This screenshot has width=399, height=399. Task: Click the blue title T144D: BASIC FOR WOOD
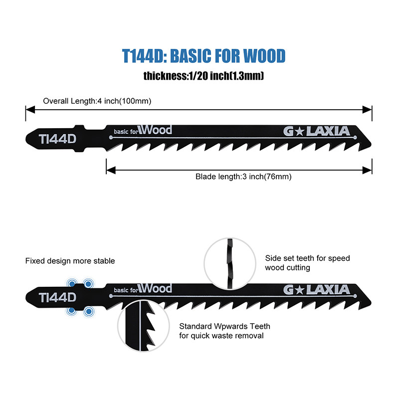point(203,55)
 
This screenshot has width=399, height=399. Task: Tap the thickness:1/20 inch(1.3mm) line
point(203,76)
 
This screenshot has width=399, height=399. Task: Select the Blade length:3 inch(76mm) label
point(243,177)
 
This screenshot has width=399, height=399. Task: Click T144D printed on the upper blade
point(57,139)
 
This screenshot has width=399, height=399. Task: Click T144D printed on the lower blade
point(57,298)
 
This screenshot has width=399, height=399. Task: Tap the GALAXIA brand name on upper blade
point(317,131)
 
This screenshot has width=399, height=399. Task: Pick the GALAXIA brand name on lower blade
point(317,289)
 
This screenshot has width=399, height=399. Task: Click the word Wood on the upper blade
point(156,130)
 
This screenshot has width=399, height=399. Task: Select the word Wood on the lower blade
point(156,289)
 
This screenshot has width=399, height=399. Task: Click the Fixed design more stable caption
point(70,261)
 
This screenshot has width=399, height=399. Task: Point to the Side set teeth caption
point(308,263)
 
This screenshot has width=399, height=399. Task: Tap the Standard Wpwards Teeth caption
point(225,331)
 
